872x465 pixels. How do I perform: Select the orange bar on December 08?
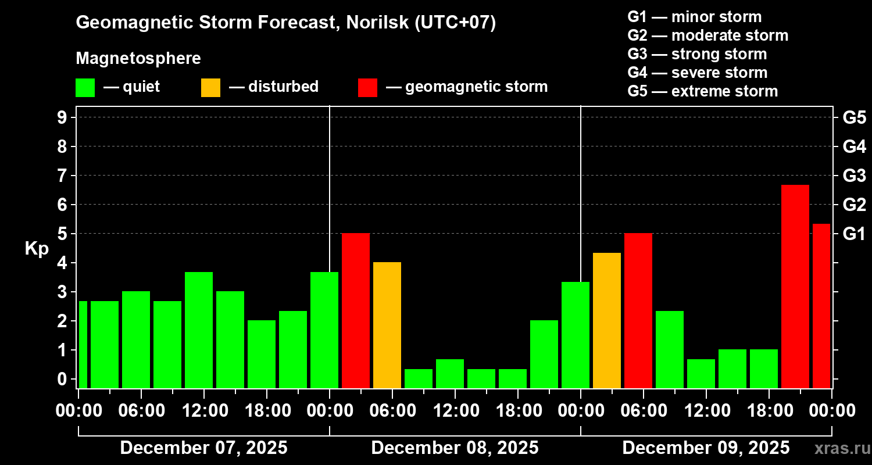387,325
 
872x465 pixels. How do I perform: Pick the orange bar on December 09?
606,320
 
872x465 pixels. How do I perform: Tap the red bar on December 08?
355,310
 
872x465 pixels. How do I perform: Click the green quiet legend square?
85,87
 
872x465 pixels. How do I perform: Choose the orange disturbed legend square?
210,87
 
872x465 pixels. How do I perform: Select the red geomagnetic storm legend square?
367,87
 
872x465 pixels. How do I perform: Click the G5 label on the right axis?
854,117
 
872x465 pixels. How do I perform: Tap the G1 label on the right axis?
854,234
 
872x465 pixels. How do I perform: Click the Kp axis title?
37,249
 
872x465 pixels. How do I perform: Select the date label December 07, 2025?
203,448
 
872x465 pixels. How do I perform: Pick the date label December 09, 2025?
706,448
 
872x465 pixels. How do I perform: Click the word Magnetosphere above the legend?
138,59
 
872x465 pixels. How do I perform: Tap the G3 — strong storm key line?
697,54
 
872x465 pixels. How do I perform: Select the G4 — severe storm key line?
697,73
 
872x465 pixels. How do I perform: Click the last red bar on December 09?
821,306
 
